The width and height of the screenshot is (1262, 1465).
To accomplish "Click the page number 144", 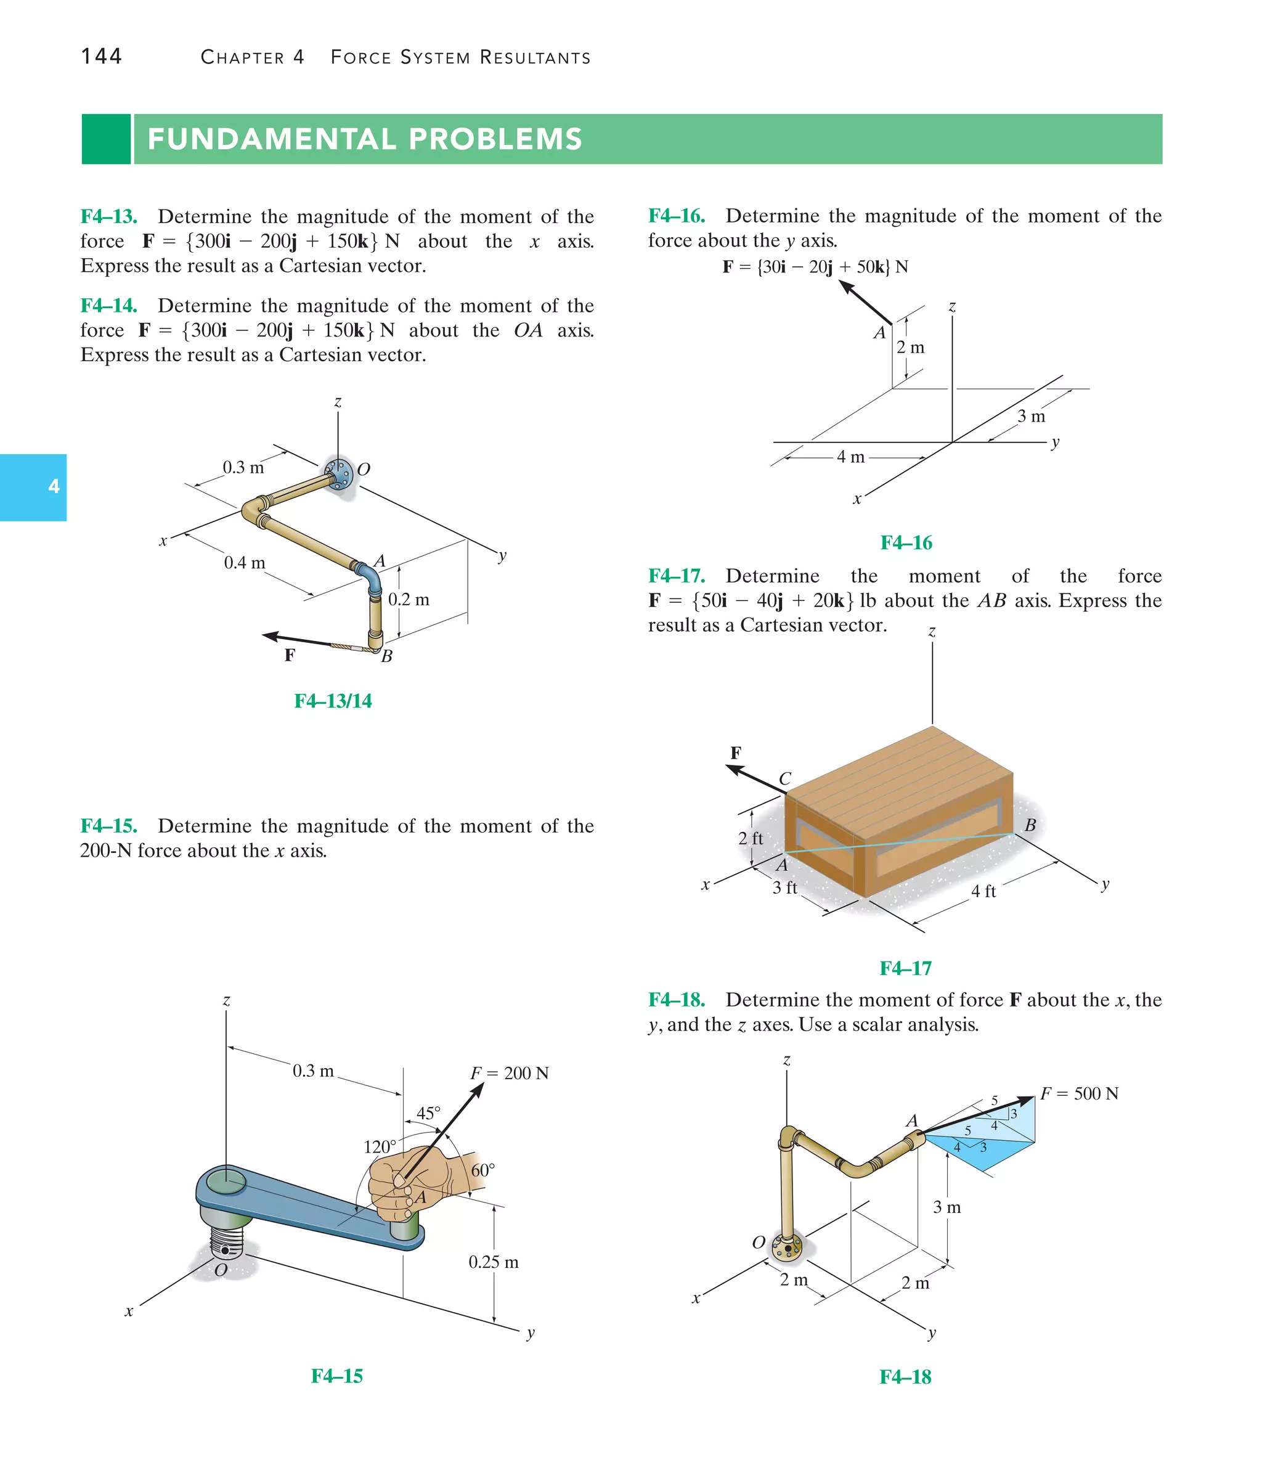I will (101, 56).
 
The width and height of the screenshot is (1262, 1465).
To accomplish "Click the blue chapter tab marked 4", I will (33, 487).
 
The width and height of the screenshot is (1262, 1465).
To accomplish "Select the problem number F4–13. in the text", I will (109, 216).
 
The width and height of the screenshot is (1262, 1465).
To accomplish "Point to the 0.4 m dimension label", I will (245, 563).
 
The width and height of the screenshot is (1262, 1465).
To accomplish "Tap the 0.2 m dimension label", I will (409, 600).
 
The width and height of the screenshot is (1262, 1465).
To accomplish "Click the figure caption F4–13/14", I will (333, 701).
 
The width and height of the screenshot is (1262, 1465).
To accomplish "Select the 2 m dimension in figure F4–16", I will (911, 347).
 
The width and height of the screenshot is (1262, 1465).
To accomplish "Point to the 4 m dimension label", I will (850, 457).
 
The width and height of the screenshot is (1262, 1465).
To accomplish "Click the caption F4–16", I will (906, 542).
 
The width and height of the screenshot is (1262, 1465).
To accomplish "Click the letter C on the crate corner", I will (785, 779).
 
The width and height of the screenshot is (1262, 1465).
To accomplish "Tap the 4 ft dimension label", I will (983, 892).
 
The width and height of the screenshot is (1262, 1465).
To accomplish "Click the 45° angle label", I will (428, 1114).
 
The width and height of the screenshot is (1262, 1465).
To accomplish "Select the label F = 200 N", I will (509, 1073).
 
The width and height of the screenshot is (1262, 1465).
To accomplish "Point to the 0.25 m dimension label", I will (494, 1262).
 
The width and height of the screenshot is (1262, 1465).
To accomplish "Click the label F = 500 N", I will (1079, 1094).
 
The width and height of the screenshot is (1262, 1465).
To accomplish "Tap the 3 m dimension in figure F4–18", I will (946, 1207).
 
